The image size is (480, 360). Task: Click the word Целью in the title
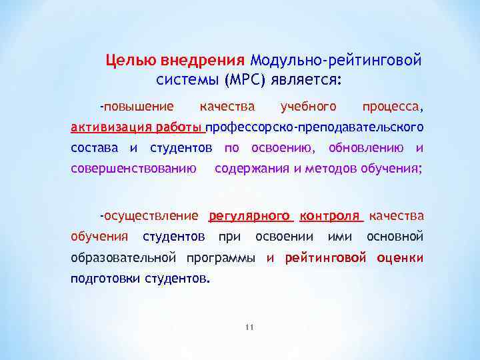pos(131,61)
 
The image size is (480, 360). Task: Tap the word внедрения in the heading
pos(203,61)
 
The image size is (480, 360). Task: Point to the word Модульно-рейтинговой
pos(337,61)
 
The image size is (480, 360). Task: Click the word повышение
pos(137,106)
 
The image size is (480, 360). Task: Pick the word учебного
pos(309,106)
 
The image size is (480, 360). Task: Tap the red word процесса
pos(392,106)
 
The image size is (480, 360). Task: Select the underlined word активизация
pos(111,127)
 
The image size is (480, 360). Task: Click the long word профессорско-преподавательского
pos(315,127)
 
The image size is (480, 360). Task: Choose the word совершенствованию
pos(133,168)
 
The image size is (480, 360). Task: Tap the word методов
pos(331,168)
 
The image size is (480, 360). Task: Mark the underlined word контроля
pos(329,215)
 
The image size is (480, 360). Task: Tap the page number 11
pos(250,327)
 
